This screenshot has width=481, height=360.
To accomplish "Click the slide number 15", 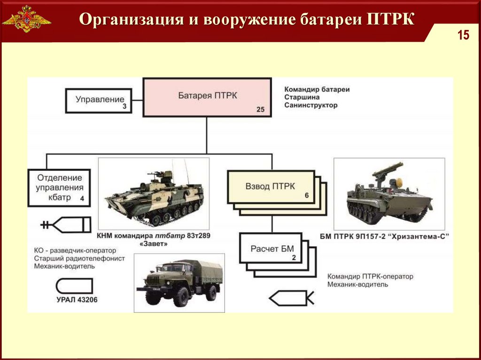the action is tap(464, 36).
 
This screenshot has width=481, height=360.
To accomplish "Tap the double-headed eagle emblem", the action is tap(26, 19).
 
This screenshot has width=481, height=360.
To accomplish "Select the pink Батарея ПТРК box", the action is tap(207, 96).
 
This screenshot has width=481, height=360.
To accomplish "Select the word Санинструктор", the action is tap(310, 105).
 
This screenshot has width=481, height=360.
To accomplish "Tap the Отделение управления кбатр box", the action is tap(58, 188).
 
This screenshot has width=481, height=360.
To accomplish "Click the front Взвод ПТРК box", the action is tap(270, 186).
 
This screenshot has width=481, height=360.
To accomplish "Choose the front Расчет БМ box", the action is tap(272, 249).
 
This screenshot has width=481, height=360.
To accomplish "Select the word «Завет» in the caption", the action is tap(153, 244).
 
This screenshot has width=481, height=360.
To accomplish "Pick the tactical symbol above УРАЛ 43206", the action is tap(74, 286).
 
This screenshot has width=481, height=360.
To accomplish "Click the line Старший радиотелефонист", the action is tap(79, 259).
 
